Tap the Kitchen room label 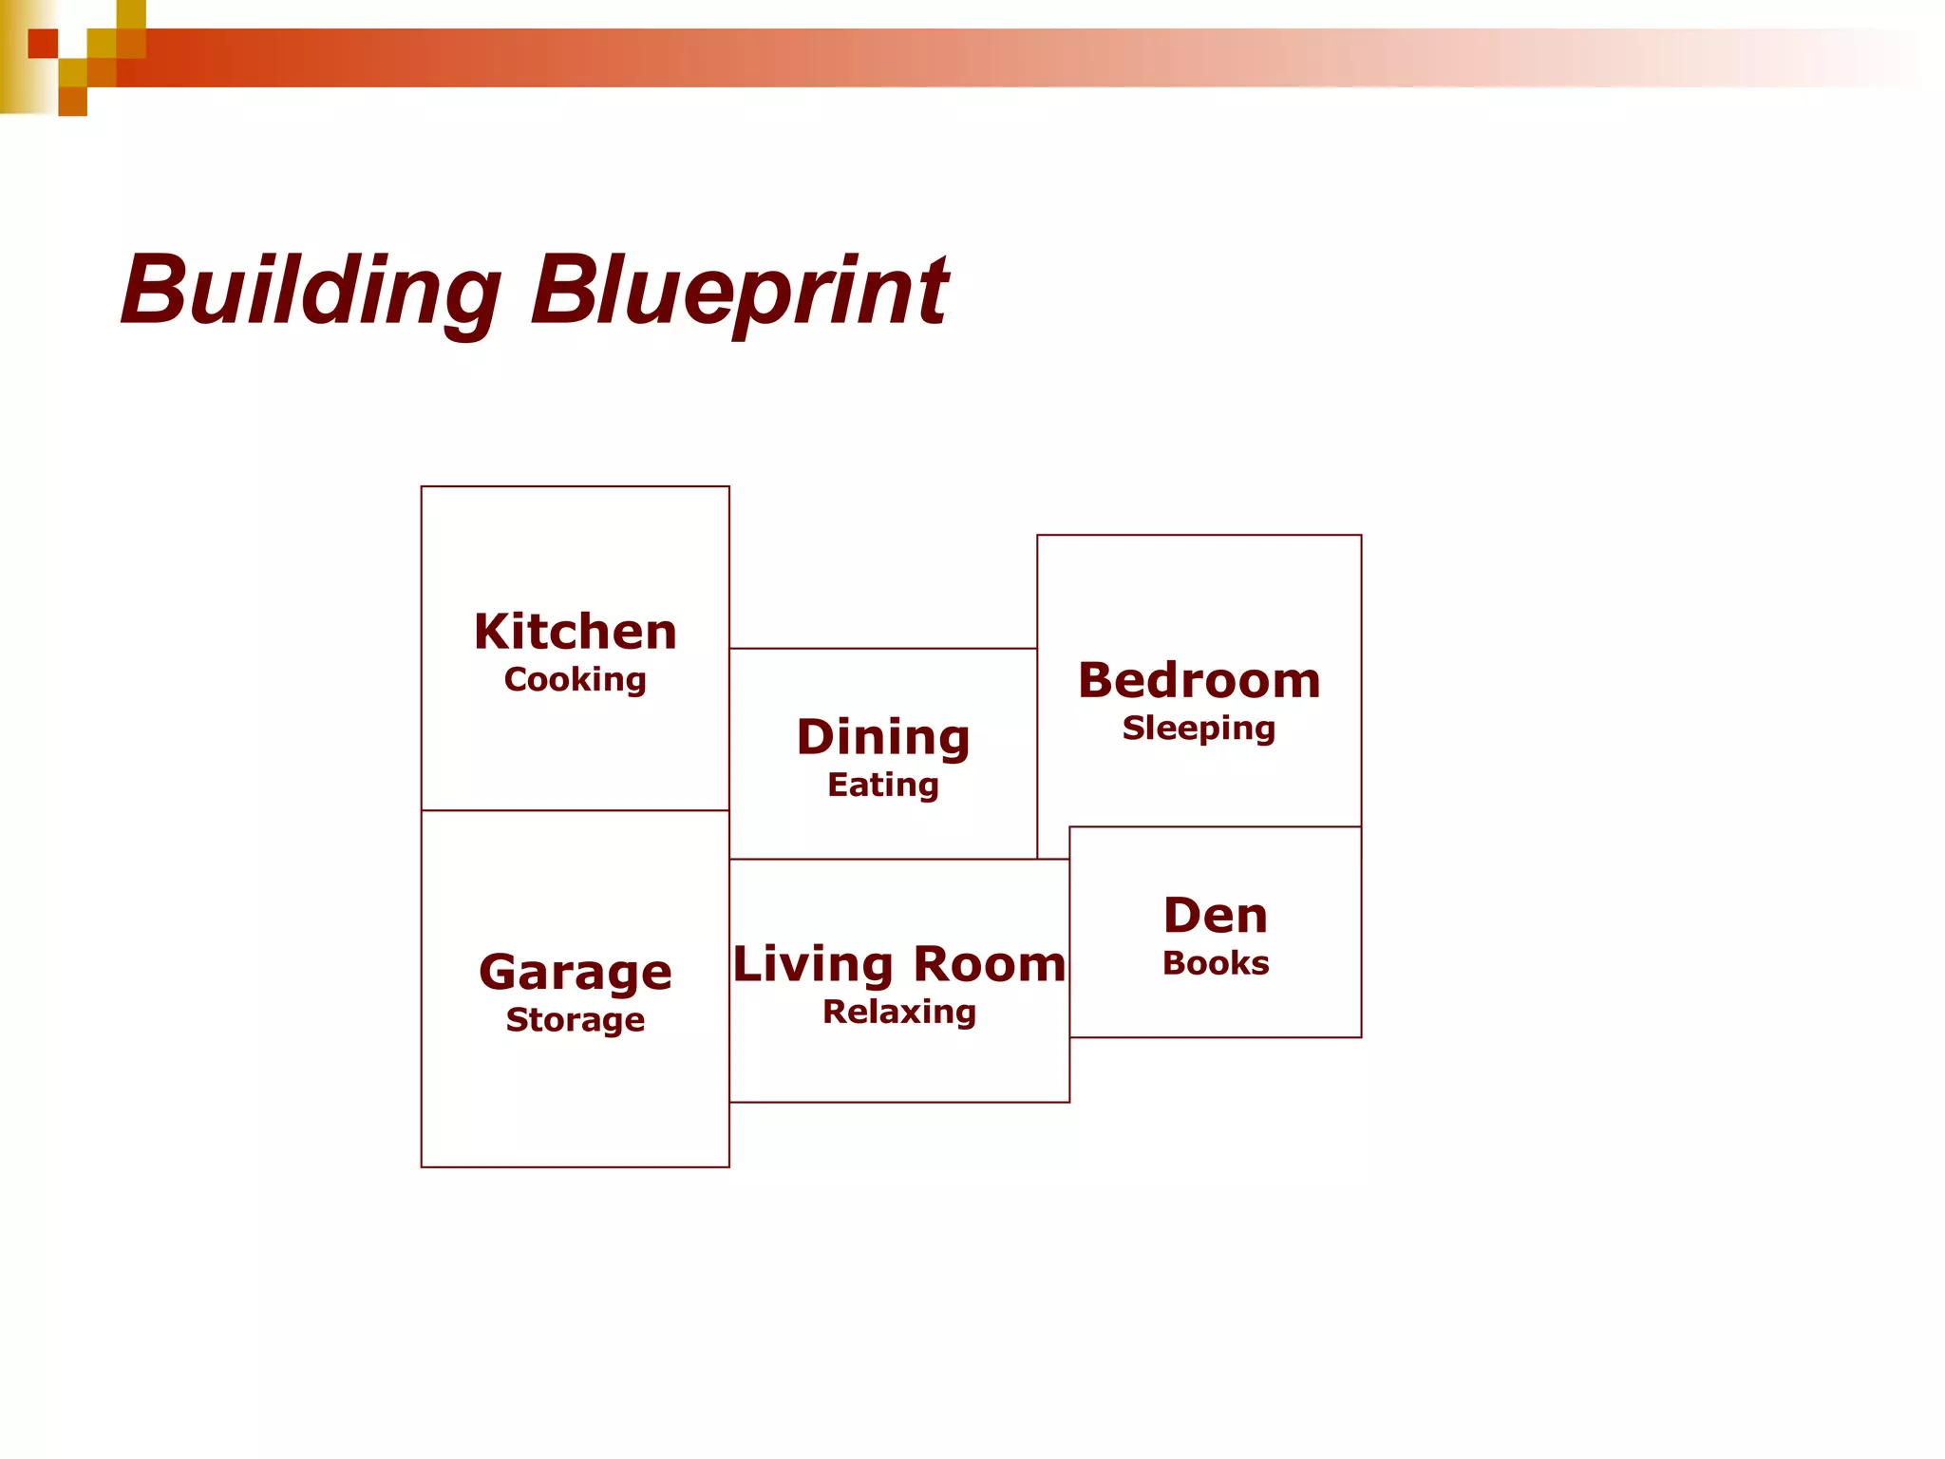tap(576, 632)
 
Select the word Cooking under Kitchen tap(576, 680)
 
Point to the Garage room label tap(576, 972)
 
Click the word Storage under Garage tap(576, 1020)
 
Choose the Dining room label tap(883, 737)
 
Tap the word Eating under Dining tap(883, 786)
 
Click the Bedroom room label tap(1199, 680)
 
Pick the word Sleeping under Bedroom tap(1199, 729)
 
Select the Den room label tap(1216, 916)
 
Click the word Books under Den tap(1216, 963)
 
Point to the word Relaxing tap(899, 1013)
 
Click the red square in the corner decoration tap(43, 44)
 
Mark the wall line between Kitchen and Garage tap(576, 810)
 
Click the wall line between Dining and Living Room tap(883, 860)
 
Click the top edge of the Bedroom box tap(1199, 536)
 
